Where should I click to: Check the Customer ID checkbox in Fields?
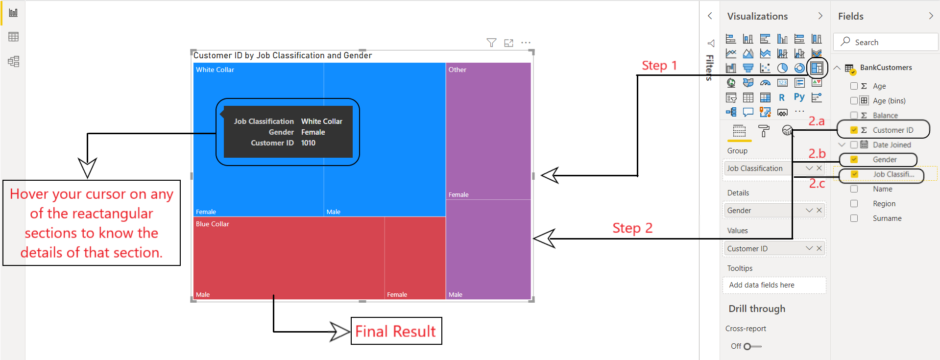pos(854,130)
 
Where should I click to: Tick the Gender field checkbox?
pos(854,160)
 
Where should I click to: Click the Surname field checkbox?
pos(854,218)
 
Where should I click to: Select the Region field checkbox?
pos(854,204)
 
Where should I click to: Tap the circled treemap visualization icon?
pos(817,68)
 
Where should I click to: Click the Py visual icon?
pos(799,97)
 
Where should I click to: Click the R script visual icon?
pos(782,97)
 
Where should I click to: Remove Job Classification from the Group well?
pos(819,168)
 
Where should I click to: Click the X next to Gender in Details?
pos(819,211)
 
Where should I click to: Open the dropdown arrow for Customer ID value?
pos(809,249)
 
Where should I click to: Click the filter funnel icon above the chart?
pos(491,43)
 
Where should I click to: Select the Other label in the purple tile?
pos(458,70)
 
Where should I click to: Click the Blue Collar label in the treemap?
pos(213,224)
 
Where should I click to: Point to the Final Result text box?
pos(396,331)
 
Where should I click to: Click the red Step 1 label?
pos(659,66)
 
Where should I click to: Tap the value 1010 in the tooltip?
pos(308,143)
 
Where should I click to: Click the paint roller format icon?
pos(763,131)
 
